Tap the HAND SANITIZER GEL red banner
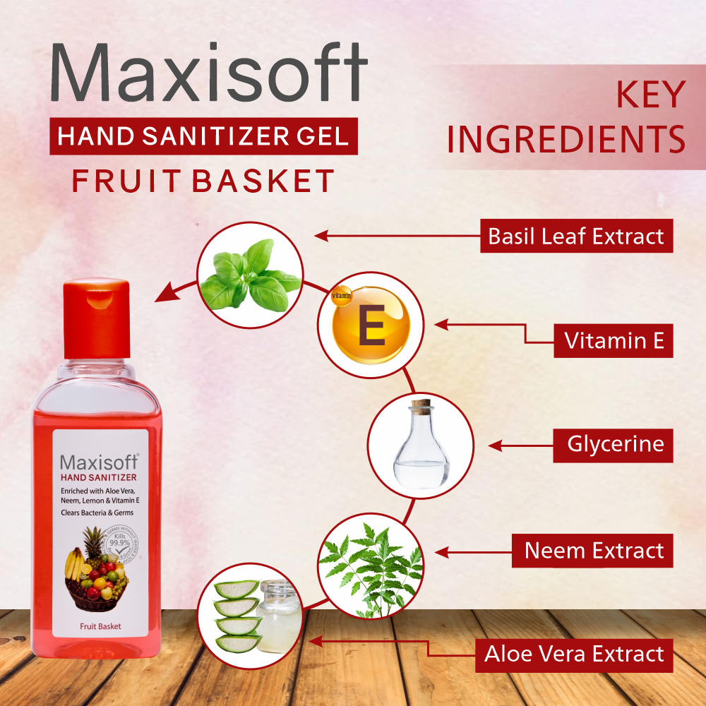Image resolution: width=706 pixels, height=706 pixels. click(x=203, y=136)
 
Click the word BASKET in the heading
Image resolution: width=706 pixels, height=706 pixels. click(x=263, y=181)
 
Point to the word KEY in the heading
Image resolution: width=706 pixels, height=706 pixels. click(x=651, y=95)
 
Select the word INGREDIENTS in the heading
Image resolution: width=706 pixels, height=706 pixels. click(x=566, y=139)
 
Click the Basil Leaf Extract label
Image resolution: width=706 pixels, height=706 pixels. click(x=576, y=236)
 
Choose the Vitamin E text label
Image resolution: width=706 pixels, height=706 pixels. click(x=614, y=340)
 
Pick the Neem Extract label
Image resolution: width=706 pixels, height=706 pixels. click(x=594, y=550)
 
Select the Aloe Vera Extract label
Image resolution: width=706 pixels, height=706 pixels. click(x=574, y=654)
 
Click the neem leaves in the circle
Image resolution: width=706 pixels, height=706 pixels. click(x=371, y=565)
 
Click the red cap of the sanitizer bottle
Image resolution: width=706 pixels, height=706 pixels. click(x=97, y=317)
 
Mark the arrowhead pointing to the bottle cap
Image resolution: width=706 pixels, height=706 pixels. click(x=164, y=291)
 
